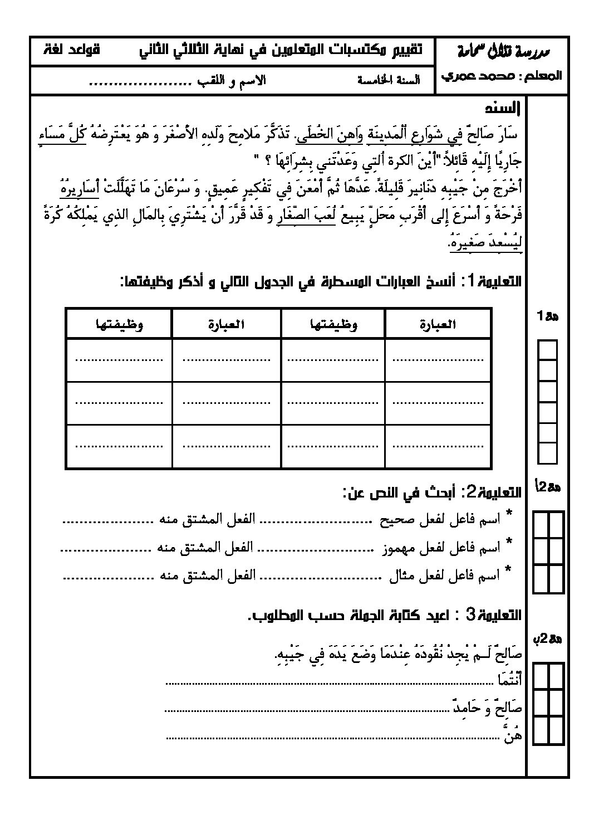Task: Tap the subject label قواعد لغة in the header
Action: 72,49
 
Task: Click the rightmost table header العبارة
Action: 437,324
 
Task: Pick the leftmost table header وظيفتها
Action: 119,324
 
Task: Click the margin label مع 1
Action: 548,316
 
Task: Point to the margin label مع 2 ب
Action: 548,639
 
